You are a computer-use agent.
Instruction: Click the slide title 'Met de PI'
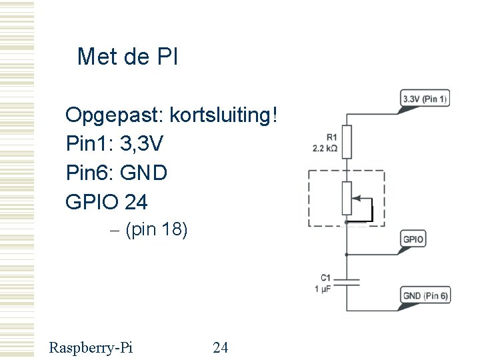[127, 57]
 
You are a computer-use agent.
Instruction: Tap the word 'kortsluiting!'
[224, 116]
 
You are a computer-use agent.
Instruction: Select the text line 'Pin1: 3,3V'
[115, 143]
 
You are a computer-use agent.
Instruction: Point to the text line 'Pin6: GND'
[117, 173]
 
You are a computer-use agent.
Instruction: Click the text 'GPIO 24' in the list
[107, 201]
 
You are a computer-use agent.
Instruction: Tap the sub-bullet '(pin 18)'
[156, 230]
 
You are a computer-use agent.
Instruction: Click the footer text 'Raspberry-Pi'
[91, 347]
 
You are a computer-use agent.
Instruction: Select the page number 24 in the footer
[221, 347]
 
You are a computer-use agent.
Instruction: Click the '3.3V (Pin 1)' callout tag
[425, 99]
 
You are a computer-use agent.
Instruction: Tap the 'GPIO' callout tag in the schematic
[413, 239]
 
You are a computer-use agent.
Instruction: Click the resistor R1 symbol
[347, 141]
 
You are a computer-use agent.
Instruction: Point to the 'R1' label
[331, 138]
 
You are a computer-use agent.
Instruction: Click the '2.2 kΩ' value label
[325, 148]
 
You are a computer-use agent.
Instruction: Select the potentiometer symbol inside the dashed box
[347, 197]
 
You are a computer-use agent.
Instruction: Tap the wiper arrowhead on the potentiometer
[355, 198]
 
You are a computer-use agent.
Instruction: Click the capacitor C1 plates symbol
[347, 283]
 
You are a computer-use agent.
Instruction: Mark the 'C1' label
[325, 278]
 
